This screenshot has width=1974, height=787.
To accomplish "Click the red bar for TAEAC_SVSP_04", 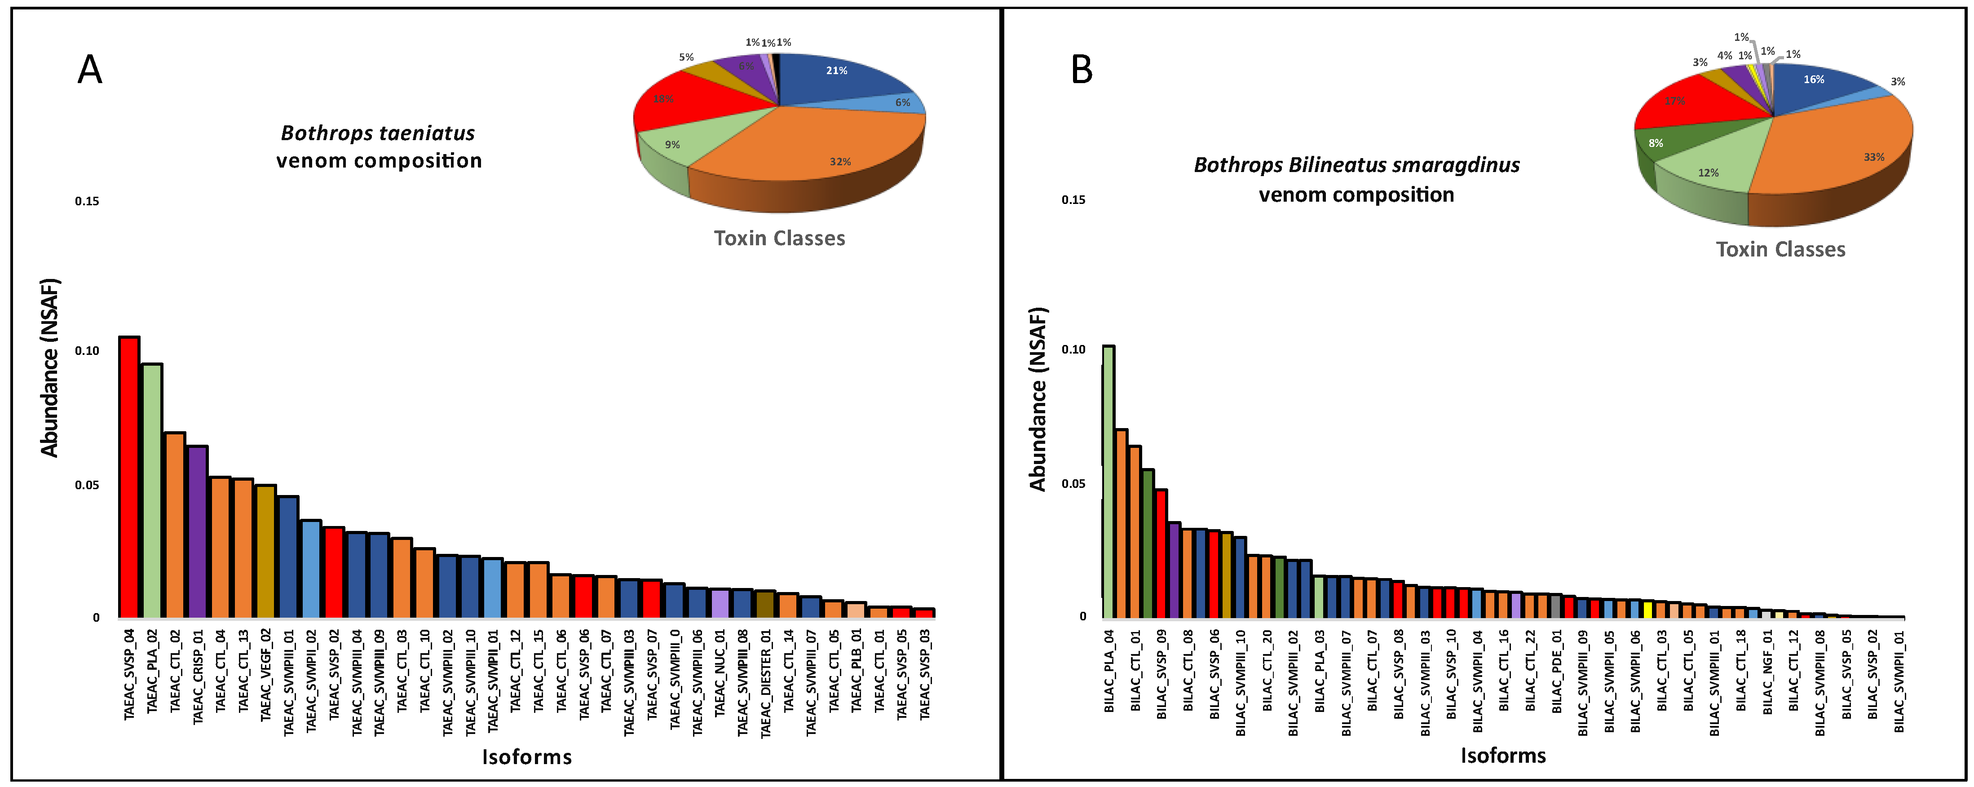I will click(129, 477).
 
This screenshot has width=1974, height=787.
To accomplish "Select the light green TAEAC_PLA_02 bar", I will click(152, 491).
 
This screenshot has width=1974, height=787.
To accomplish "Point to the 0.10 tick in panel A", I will click(87, 351).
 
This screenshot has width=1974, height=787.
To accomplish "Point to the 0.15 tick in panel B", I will click(1073, 200).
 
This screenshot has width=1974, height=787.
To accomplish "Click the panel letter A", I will click(90, 71).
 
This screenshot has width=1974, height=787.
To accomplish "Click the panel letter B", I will click(1081, 71).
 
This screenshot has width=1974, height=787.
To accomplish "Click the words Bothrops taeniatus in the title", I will click(378, 133).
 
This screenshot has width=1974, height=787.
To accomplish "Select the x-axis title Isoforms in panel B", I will click(1503, 756).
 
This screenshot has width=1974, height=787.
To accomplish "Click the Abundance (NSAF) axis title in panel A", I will click(50, 368).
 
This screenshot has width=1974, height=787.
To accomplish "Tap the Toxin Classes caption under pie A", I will click(779, 239).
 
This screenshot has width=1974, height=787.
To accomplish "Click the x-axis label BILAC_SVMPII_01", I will click(1899, 682).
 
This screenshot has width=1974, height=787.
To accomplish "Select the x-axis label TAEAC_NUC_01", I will click(720, 674).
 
